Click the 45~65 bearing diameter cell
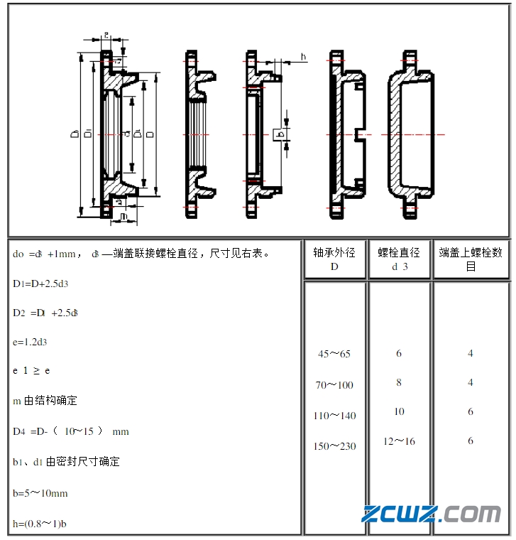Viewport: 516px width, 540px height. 334,354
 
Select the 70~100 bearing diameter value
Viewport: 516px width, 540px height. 334,385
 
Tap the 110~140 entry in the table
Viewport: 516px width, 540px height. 334,416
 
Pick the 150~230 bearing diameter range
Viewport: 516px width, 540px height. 334,446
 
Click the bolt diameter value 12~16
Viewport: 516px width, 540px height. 399,441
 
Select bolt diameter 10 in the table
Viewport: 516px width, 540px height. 399,411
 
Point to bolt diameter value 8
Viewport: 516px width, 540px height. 399,382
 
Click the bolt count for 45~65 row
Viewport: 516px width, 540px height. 471,353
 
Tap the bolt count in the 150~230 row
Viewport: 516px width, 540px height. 471,441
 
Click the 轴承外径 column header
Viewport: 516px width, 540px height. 334,259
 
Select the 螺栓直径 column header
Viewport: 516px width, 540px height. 399,259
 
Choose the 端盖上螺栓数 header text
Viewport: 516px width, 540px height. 471,259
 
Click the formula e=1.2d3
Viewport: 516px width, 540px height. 30,342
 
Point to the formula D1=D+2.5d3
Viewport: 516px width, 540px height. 40,283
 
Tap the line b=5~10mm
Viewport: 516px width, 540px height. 40,493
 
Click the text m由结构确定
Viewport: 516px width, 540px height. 45,401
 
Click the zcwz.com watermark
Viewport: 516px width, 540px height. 431,514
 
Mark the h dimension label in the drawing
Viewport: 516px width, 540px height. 303,57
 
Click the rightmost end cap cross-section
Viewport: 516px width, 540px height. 410,134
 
